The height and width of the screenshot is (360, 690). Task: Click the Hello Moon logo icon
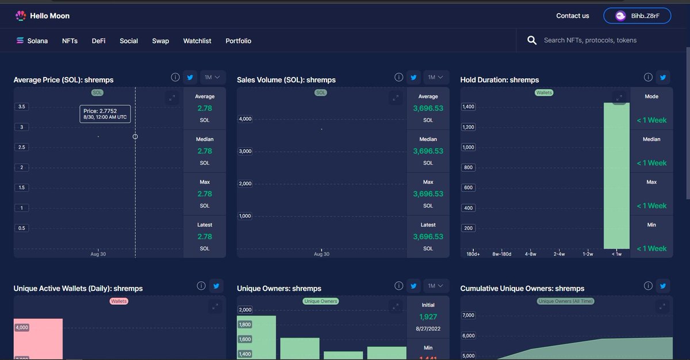[x=21, y=16]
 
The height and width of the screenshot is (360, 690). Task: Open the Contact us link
[x=572, y=16]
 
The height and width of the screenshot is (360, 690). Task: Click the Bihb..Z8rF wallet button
[x=637, y=16]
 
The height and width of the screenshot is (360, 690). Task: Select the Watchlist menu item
[x=197, y=41]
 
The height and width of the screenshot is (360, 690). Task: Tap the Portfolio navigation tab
[x=238, y=41]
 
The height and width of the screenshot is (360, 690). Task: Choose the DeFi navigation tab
[x=98, y=41]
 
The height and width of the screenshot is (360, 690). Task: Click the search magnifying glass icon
[x=532, y=40]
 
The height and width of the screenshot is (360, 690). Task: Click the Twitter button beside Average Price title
[x=190, y=77]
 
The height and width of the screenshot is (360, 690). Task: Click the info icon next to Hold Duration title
[x=648, y=77]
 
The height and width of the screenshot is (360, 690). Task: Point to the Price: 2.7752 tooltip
[x=105, y=114]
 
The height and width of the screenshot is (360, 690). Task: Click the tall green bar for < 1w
[x=616, y=175]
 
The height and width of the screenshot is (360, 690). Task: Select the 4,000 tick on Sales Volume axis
[x=246, y=119]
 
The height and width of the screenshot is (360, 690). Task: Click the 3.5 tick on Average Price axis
[x=22, y=106]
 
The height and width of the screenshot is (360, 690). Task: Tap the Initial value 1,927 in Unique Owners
[x=428, y=317]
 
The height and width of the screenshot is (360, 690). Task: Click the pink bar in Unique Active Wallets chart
[x=38, y=339]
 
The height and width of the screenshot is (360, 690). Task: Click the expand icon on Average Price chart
[x=172, y=98]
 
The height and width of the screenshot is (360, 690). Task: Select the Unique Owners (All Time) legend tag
[x=566, y=301]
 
